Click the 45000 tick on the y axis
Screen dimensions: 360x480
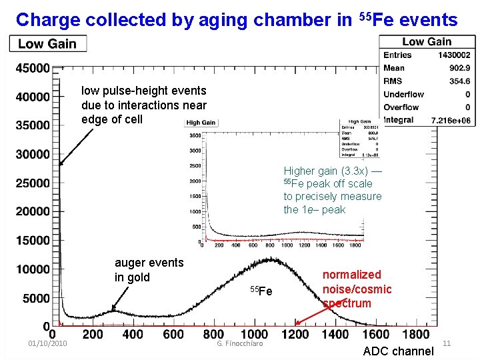[x=33, y=68]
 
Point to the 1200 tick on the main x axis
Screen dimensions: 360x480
[x=294, y=334]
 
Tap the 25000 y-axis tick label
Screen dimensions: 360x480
[x=33, y=183]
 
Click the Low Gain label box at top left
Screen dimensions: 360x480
[x=47, y=44]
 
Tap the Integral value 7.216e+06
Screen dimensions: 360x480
[x=451, y=121]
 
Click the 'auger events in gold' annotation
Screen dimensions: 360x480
[x=149, y=270]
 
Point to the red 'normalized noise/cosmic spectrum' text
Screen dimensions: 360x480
[x=357, y=289]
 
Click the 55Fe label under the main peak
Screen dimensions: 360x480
[x=261, y=291]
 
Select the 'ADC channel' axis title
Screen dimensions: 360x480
[x=398, y=351]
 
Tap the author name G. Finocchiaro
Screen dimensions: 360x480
[x=240, y=343]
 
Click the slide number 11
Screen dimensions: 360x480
[x=447, y=343]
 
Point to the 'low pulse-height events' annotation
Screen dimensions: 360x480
[x=143, y=105]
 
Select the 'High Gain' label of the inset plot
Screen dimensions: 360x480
[x=201, y=123]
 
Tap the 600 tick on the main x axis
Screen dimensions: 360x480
[x=173, y=334]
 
